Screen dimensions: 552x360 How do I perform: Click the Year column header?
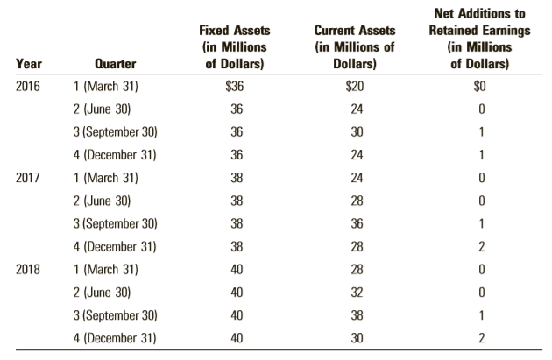(29, 64)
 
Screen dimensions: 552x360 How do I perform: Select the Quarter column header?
(116, 64)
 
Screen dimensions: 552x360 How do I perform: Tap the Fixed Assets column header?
(235, 47)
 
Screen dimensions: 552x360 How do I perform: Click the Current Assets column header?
(355, 47)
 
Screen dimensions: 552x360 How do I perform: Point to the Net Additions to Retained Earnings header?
(480, 39)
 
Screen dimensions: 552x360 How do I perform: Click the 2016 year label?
(28, 86)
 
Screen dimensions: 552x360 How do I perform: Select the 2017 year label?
(28, 178)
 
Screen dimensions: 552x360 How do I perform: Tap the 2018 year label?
(28, 269)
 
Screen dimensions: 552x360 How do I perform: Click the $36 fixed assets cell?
(235, 86)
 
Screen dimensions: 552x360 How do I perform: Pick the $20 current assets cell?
(355, 86)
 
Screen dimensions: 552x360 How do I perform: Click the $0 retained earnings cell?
(480, 86)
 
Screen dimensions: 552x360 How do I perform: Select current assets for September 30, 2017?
(357, 223)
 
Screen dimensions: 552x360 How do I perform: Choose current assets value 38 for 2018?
(357, 315)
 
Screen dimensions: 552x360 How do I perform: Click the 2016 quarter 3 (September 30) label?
(115, 132)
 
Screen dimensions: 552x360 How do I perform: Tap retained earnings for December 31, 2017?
(482, 246)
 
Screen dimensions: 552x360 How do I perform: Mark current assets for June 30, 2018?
(357, 292)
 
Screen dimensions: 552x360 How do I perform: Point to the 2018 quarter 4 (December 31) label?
(115, 338)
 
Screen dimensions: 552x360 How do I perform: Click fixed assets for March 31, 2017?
(237, 178)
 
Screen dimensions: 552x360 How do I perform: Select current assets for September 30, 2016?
(357, 132)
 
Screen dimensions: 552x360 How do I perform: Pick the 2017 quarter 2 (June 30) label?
(103, 201)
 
